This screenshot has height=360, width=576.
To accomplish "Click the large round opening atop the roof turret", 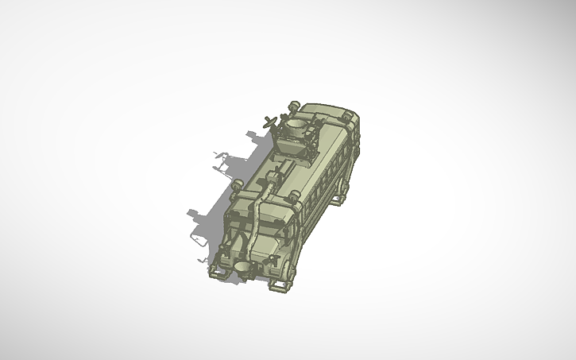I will pyautogui.click(x=298, y=125).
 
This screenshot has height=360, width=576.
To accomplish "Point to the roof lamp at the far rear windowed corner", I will pyautogui.click(x=347, y=116).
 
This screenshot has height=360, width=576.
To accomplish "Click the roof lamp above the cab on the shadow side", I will pyautogui.click(x=238, y=188).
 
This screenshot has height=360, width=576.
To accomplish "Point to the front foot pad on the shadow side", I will pyautogui.click(x=215, y=273).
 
